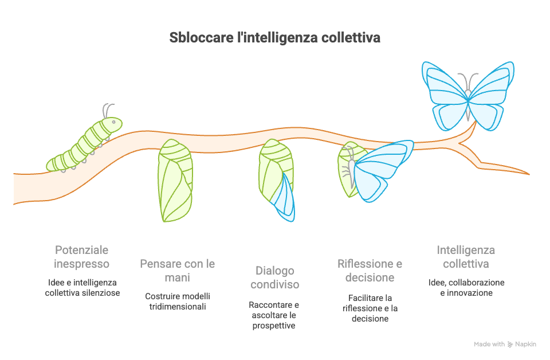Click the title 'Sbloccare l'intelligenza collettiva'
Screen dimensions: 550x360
274,37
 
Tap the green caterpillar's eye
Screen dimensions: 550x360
113,122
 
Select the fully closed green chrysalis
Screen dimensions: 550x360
175,181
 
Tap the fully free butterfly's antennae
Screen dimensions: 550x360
468,81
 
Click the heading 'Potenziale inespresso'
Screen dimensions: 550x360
81,257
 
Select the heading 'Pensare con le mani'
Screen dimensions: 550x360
178,271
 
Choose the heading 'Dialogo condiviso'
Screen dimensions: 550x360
274,277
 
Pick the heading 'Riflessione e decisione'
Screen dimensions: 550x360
370,271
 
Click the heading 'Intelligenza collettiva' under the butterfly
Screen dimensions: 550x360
466,257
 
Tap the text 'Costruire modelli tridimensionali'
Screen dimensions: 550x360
178,302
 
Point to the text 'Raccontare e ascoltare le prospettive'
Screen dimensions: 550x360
274,315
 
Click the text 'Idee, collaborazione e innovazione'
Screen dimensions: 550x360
466,288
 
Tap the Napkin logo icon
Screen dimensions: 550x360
510,345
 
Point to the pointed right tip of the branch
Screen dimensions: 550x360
529,174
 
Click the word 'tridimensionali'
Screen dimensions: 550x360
178,307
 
